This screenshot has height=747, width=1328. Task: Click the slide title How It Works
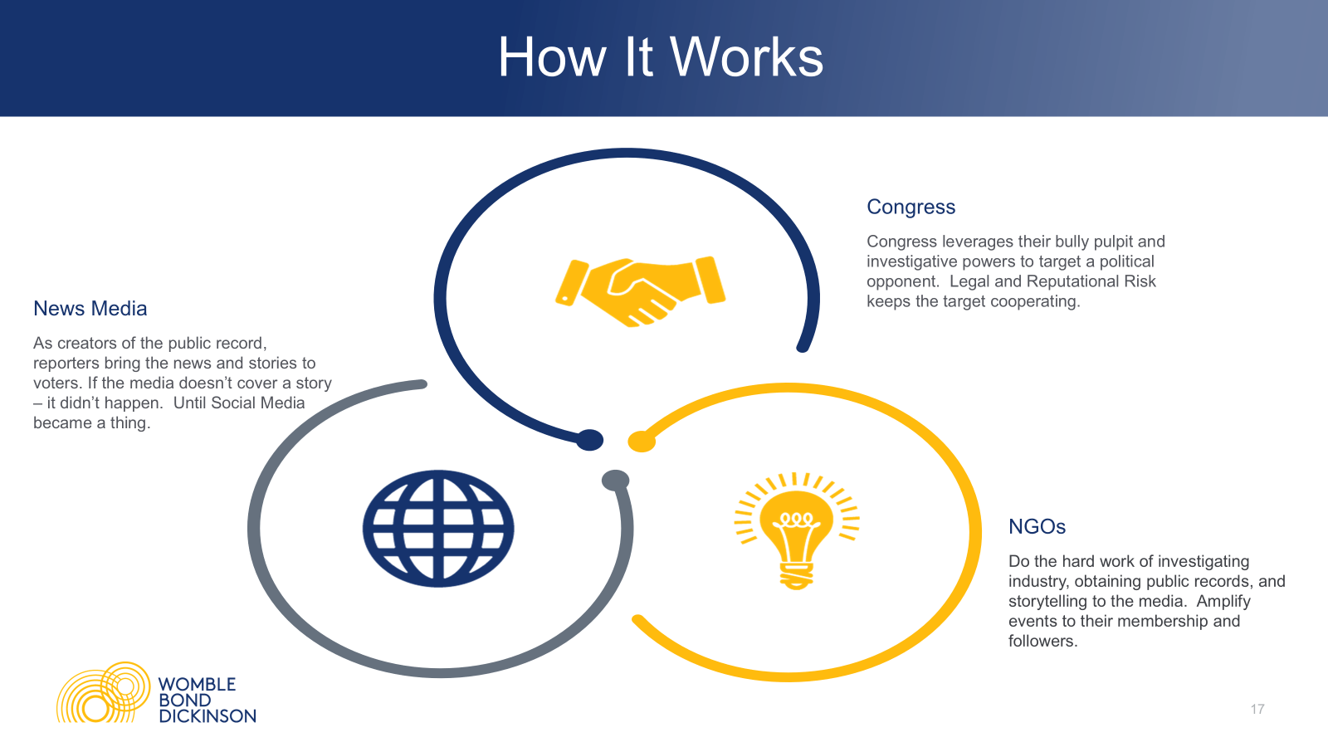tap(661, 57)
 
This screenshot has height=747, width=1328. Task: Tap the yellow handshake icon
tap(640, 291)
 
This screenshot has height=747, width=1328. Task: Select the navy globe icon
tap(438, 528)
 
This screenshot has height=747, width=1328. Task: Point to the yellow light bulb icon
tap(797, 530)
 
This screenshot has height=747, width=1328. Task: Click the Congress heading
tap(911, 207)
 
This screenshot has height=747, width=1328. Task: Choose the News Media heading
tap(90, 308)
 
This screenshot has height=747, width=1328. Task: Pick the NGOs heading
tap(1037, 526)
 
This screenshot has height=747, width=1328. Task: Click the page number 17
tap(1257, 709)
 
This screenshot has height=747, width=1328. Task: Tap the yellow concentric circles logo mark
tap(103, 692)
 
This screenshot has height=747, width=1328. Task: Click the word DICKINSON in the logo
tap(207, 716)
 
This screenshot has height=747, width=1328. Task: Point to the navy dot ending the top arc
tap(590, 440)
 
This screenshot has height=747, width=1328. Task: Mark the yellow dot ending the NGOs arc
tap(642, 442)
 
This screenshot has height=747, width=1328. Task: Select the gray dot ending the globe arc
tap(615, 481)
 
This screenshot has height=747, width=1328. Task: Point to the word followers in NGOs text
tap(1042, 641)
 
